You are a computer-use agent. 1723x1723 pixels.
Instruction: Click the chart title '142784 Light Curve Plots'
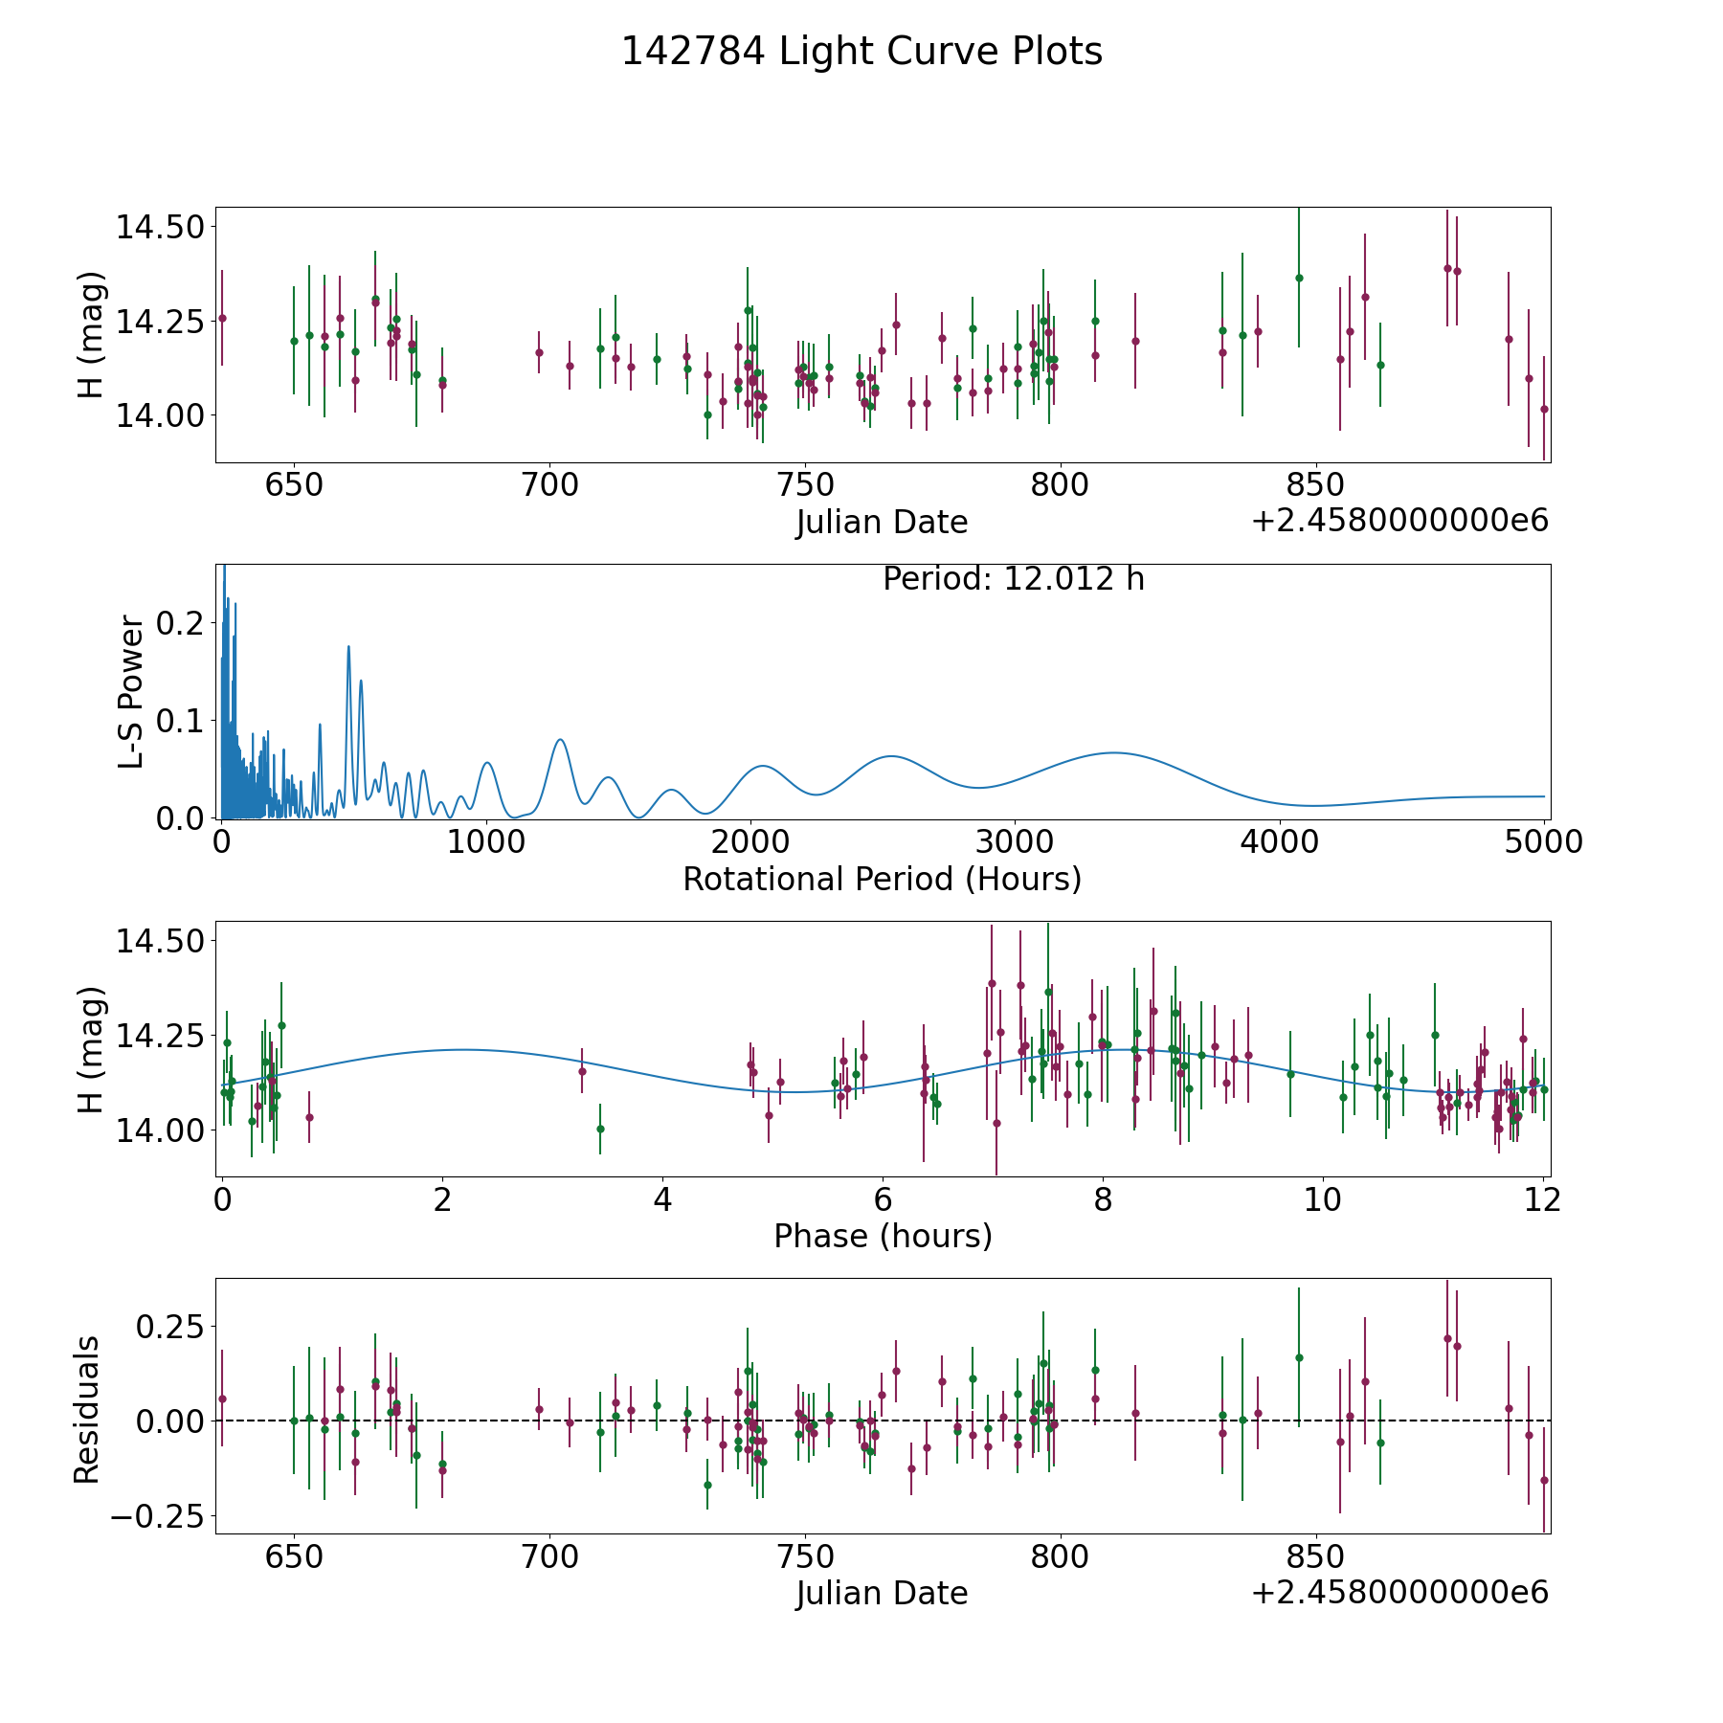[x=861, y=52]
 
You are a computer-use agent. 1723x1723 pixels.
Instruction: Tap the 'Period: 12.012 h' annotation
[x=1013, y=579]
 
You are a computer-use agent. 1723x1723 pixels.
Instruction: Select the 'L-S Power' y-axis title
[x=132, y=692]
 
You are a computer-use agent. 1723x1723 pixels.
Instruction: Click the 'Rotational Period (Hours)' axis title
[x=882, y=879]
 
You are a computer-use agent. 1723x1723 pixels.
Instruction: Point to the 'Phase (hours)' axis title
[x=883, y=1236]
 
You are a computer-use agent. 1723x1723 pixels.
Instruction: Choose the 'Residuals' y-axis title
[x=87, y=1409]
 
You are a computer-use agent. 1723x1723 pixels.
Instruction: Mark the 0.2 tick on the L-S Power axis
[x=181, y=623]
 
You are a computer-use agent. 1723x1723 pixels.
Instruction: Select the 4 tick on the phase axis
[x=662, y=1199]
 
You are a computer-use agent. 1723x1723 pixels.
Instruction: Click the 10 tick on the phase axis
[x=1323, y=1199]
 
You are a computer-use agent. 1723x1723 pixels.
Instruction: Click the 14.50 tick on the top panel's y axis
[x=159, y=228]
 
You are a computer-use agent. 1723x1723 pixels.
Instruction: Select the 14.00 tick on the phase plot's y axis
[x=159, y=1130]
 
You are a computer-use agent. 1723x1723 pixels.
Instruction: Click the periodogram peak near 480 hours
[x=348, y=647]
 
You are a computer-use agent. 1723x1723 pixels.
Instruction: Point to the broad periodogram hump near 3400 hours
[x=1113, y=753]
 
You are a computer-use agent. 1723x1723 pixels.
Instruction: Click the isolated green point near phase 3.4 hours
[x=600, y=1129]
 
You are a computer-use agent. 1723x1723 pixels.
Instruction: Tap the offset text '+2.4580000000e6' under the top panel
[x=1399, y=521]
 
